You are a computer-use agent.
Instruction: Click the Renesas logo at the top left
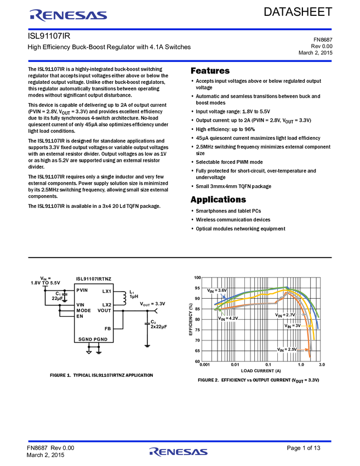point(68,15)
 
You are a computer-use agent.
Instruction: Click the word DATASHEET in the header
point(298,12)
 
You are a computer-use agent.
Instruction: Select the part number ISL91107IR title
point(49,36)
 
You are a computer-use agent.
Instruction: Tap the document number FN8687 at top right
point(323,39)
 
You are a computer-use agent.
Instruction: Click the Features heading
point(210,71)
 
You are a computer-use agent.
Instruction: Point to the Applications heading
point(218,200)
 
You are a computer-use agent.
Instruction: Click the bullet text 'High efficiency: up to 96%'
point(225,129)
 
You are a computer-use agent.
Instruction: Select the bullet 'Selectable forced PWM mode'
point(229,162)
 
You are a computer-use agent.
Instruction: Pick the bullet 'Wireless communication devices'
point(233,220)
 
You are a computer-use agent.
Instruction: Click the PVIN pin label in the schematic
point(82,290)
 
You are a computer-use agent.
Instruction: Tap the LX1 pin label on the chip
point(107,291)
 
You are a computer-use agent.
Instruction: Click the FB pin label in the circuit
point(107,329)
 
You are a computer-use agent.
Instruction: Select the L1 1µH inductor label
point(134,294)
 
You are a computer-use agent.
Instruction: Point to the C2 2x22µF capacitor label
point(158,324)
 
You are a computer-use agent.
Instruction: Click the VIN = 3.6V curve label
point(217,291)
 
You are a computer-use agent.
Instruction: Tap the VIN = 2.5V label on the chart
point(287,350)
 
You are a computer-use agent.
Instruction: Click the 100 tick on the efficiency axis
point(197,277)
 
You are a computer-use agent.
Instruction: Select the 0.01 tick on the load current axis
point(235,365)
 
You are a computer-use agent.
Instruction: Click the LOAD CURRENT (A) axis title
point(261,371)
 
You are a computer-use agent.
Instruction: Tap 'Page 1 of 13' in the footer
point(304,448)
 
